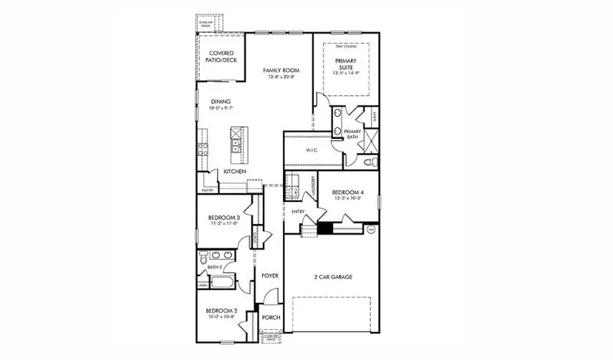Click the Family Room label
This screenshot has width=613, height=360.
tap(280, 70)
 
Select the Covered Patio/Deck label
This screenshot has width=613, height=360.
tap(221, 57)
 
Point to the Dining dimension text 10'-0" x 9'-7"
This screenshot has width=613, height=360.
tap(221, 109)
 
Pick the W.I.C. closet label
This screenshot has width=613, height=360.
tap(312, 150)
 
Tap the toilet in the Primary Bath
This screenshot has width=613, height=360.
tap(369, 163)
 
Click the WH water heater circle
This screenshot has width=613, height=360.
tap(370, 230)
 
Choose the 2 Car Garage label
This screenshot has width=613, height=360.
tap(332, 276)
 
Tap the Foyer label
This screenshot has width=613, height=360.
tap(269, 276)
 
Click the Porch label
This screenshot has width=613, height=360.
tap(271, 318)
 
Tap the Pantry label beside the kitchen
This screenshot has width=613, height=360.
tap(208, 190)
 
